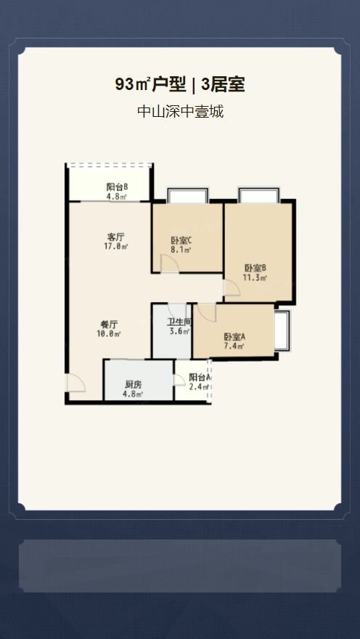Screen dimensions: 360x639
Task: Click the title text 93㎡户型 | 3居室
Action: coord(179,85)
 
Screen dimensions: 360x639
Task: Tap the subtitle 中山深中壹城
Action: coord(181,111)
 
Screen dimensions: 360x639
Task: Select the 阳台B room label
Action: coord(118,187)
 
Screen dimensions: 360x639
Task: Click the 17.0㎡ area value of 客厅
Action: coord(116,246)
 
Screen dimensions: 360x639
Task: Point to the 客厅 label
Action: coord(115,237)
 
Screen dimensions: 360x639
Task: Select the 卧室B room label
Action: coord(255,269)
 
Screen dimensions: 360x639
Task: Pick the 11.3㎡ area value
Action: coord(255,278)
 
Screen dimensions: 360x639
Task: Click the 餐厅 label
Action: coord(109,325)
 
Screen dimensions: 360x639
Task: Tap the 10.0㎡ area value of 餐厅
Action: coord(109,334)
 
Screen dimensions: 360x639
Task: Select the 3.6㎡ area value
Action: coord(179,331)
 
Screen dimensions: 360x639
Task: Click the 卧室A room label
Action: coord(234,338)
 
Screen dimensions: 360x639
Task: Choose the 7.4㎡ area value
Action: coord(234,346)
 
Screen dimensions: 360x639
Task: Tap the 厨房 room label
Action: coord(133,385)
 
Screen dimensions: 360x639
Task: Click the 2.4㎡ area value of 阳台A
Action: coord(199,387)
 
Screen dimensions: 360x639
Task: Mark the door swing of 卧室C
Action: coord(170,264)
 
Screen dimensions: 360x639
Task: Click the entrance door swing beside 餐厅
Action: coord(76,383)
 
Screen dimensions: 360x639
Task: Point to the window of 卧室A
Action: coord(282,330)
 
